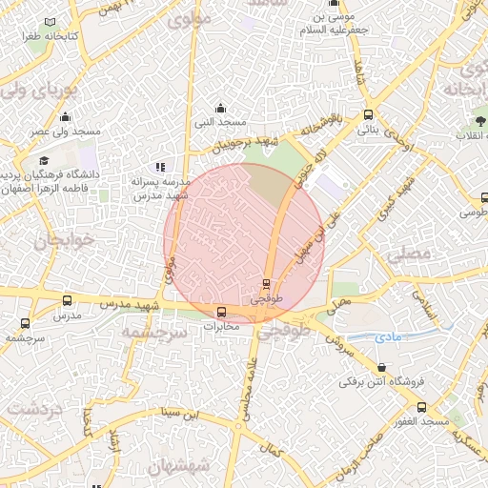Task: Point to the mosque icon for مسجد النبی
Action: click(221, 108)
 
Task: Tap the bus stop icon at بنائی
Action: click(369, 114)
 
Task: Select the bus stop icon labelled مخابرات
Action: click(221, 312)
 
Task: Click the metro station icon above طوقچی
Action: click(266, 283)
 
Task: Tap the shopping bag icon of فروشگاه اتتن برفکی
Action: click(381, 367)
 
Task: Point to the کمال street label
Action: click(274, 449)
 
